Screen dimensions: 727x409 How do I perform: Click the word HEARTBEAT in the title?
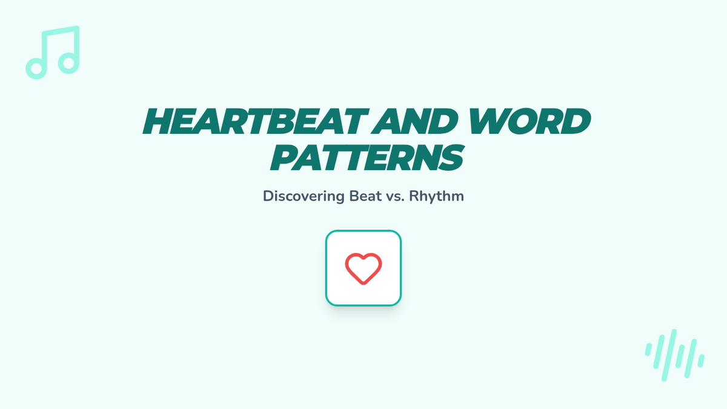pos(256,121)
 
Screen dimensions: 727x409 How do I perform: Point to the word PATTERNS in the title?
pos(367,158)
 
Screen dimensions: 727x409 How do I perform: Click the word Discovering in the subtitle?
pos(304,196)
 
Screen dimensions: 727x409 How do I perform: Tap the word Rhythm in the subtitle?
pos(437,196)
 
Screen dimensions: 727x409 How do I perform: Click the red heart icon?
pos(363,269)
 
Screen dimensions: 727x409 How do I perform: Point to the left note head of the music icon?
pos(36,68)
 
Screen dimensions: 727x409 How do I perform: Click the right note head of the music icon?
pos(69,63)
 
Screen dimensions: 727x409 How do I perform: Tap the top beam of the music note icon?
pos(61,31)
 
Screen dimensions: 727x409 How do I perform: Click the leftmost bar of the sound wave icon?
pos(648,350)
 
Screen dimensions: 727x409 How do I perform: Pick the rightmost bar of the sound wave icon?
pos(701,361)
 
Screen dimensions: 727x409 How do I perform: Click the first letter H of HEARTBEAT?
pos(158,121)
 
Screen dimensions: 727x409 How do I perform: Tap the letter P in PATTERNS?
pos(285,158)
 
